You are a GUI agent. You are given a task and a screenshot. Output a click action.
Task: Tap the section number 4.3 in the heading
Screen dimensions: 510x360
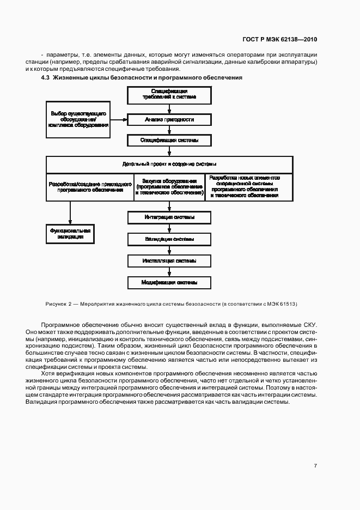point(46,78)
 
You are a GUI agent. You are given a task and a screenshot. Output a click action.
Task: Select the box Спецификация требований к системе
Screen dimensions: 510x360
point(169,95)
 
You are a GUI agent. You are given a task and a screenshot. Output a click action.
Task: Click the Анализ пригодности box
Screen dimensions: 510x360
point(169,119)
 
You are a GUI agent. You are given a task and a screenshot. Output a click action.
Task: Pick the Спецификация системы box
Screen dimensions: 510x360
point(169,140)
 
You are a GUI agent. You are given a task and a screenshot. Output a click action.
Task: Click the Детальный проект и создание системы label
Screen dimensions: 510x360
point(169,164)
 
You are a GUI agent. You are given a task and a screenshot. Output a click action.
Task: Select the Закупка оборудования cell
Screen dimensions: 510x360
point(169,187)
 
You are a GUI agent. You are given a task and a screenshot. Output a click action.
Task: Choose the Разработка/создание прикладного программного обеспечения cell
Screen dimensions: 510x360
point(89,187)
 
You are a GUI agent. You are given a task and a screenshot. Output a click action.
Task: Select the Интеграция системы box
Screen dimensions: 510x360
point(169,217)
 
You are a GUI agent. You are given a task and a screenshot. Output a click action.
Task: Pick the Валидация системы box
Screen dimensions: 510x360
point(169,239)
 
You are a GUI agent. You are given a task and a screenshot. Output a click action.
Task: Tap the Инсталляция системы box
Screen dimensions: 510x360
point(169,261)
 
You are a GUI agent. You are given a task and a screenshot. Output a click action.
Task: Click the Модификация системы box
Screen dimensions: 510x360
point(169,283)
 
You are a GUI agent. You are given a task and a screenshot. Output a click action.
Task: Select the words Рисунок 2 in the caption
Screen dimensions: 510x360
point(55,303)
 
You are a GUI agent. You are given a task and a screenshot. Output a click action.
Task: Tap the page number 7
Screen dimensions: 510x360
point(315,465)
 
